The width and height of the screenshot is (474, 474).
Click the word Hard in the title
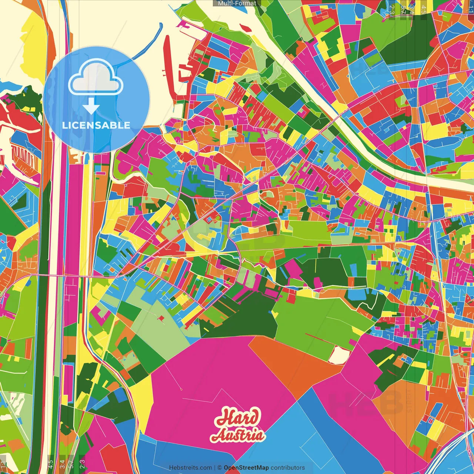pyautogui.click(x=238, y=418)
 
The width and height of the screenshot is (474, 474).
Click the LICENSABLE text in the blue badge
pyautogui.click(x=96, y=125)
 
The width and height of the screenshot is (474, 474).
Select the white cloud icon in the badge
pyautogui.click(x=96, y=78)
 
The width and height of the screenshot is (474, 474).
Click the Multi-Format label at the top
pyautogui.click(x=237, y=3)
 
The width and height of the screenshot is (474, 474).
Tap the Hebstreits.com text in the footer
pyautogui.click(x=190, y=468)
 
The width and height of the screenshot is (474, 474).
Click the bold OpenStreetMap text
pyautogui.click(x=246, y=468)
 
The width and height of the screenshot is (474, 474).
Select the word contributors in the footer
pyautogui.click(x=288, y=468)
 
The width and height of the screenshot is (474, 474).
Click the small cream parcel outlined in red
pyautogui.click(x=338, y=355)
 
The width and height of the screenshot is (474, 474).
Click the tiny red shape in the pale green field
pyautogui.click(x=161, y=318)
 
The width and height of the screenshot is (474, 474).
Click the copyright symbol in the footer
pyautogui.click(x=219, y=468)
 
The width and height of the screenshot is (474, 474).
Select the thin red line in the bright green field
pyautogui.click(x=318, y=339)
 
